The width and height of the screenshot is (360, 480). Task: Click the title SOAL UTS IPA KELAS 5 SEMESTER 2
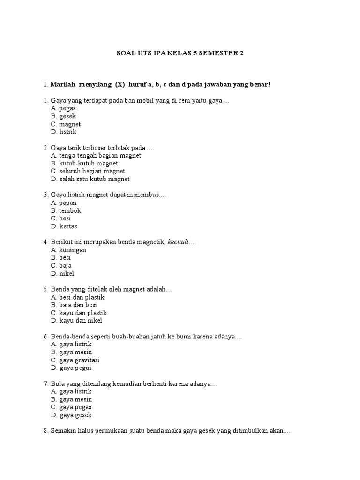click(x=180, y=53)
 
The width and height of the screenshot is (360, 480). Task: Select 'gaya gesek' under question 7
click(x=75, y=415)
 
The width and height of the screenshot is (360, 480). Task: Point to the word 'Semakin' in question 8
click(x=61, y=431)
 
